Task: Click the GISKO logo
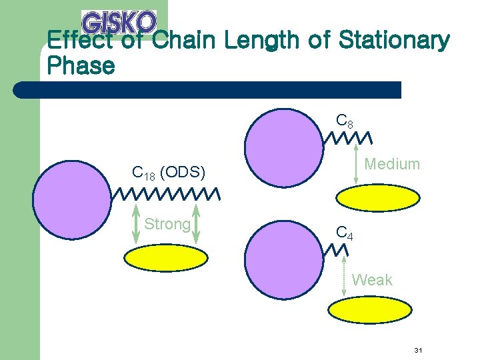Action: tap(119, 23)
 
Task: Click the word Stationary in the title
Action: tap(394, 41)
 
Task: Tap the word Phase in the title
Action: tap(81, 66)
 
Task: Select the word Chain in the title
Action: tap(185, 41)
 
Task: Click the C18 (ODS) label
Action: tap(168, 173)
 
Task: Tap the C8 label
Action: tap(345, 121)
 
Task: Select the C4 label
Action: tap(345, 233)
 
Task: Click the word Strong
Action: tap(167, 224)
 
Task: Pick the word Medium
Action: tap(392, 164)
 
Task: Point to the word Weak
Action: tap(372, 280)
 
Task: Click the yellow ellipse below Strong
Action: tap(167, 259)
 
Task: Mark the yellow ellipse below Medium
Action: tap(378, 198)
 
